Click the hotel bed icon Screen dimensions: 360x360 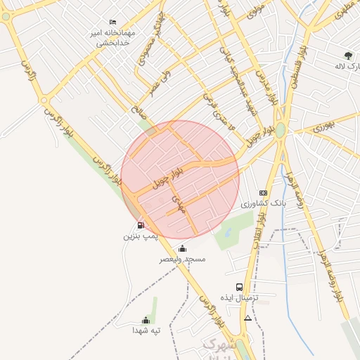(113, 22)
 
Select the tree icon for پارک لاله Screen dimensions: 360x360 (349, 56)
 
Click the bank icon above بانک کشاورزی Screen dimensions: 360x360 (263, 193)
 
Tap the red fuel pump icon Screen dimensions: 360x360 (141, 225)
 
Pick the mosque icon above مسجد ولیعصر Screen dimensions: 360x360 (182, 248)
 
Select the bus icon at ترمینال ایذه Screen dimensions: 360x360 (239, 287)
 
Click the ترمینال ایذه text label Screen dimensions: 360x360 (239, 298)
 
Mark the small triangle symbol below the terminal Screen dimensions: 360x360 (247, 318)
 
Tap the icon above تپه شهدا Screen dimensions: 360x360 (146, 320)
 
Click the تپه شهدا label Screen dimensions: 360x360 (146, 330)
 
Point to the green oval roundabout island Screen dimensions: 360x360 (281, 130)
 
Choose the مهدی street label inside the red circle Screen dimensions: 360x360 (181, 205)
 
